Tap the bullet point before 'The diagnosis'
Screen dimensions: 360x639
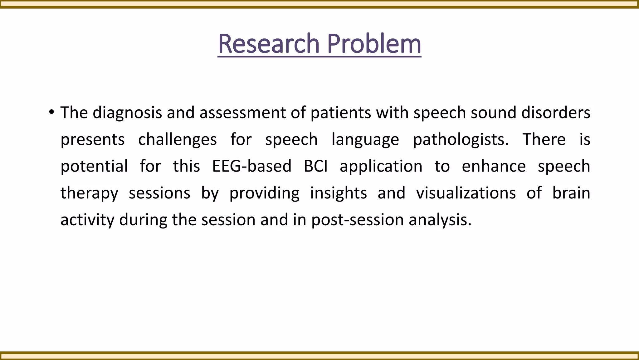(51, 112)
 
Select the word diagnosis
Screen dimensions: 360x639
(127, 112)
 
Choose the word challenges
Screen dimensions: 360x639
(177, 139)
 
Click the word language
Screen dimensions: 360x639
(365, 139)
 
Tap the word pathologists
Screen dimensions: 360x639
(461, 139)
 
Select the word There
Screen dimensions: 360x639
(544, 139)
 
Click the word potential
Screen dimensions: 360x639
(94, 166)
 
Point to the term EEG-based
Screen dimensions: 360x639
(251, 166)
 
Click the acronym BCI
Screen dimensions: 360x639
(315, 166)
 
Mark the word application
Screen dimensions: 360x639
(381, 166)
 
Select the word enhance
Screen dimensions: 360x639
(494, 166)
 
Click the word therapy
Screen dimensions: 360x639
(89, 193)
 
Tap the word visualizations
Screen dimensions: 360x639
(466, 193)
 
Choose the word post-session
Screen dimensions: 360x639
(358, 220)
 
